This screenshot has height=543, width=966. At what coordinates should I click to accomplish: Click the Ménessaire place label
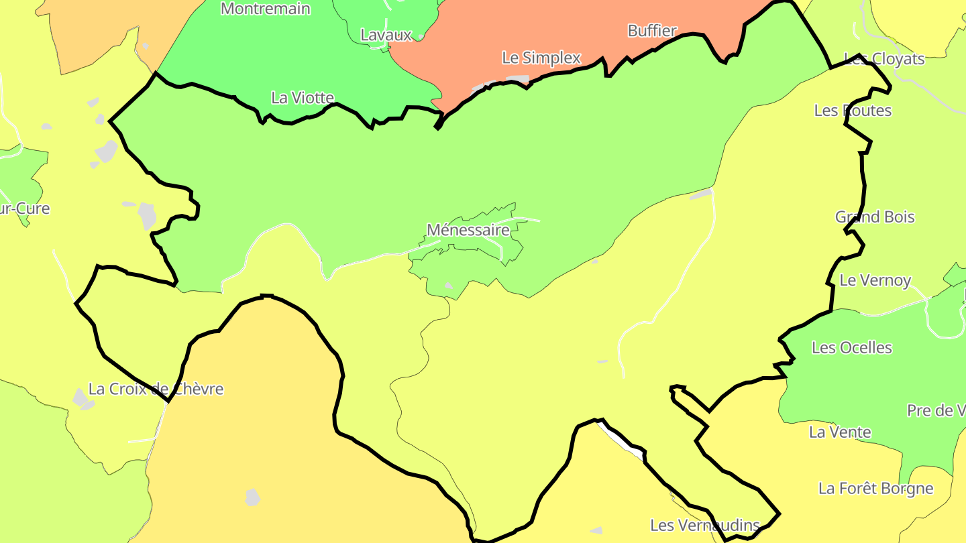point(468,230)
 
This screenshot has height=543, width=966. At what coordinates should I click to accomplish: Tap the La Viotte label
point(303,98)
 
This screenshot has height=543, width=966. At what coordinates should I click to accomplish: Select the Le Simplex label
point(541,58)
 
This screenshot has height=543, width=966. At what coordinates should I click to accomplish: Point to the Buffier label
point(652,31)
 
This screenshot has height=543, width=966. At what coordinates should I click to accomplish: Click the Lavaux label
point(386,35)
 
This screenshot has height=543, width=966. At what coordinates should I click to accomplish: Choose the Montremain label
point(266,9)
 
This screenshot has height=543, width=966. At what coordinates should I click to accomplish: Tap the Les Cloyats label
point(883,59)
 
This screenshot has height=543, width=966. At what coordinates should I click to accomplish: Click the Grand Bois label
point(875,217)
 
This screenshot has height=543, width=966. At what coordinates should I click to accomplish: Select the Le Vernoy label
point(875,280)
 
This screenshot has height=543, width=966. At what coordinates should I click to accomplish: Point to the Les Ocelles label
point(852,347)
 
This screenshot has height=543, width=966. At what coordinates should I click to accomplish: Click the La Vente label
point(840,432)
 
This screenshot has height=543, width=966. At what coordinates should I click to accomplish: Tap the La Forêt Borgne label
point(875,488)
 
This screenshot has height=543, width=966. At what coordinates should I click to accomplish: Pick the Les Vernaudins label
point(705,525)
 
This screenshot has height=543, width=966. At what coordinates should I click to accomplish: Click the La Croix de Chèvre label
point(156,389)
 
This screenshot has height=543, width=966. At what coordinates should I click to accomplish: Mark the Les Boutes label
point(853,111)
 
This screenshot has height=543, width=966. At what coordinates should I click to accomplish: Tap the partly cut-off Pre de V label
point(936,410)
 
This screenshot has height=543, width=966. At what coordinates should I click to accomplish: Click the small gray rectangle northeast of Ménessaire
point(701,194)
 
